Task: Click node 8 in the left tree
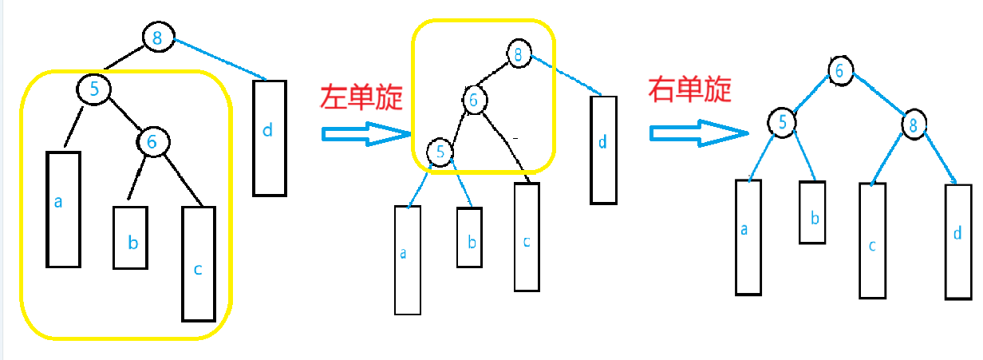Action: [x=157, y=38]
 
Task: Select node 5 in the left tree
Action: [x=94, y=89]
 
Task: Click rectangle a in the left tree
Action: [x=64, y=208]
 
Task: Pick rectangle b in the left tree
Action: [x=132, y=238]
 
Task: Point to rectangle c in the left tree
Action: [x=198, y=263]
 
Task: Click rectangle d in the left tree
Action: [x=269, y=137]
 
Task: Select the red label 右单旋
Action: [x=689, y=90]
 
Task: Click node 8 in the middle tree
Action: [x=519, y=54]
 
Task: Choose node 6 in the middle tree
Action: [x=473, y=100]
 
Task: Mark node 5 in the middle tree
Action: [x=439, y=151]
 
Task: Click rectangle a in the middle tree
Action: [x=407, y=259]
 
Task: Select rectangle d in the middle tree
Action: [x=603, y=149]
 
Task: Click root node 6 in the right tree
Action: [x=839, y=70]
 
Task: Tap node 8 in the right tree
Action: [x=914, y=124]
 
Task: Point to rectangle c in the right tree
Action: [x=873, y=240]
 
